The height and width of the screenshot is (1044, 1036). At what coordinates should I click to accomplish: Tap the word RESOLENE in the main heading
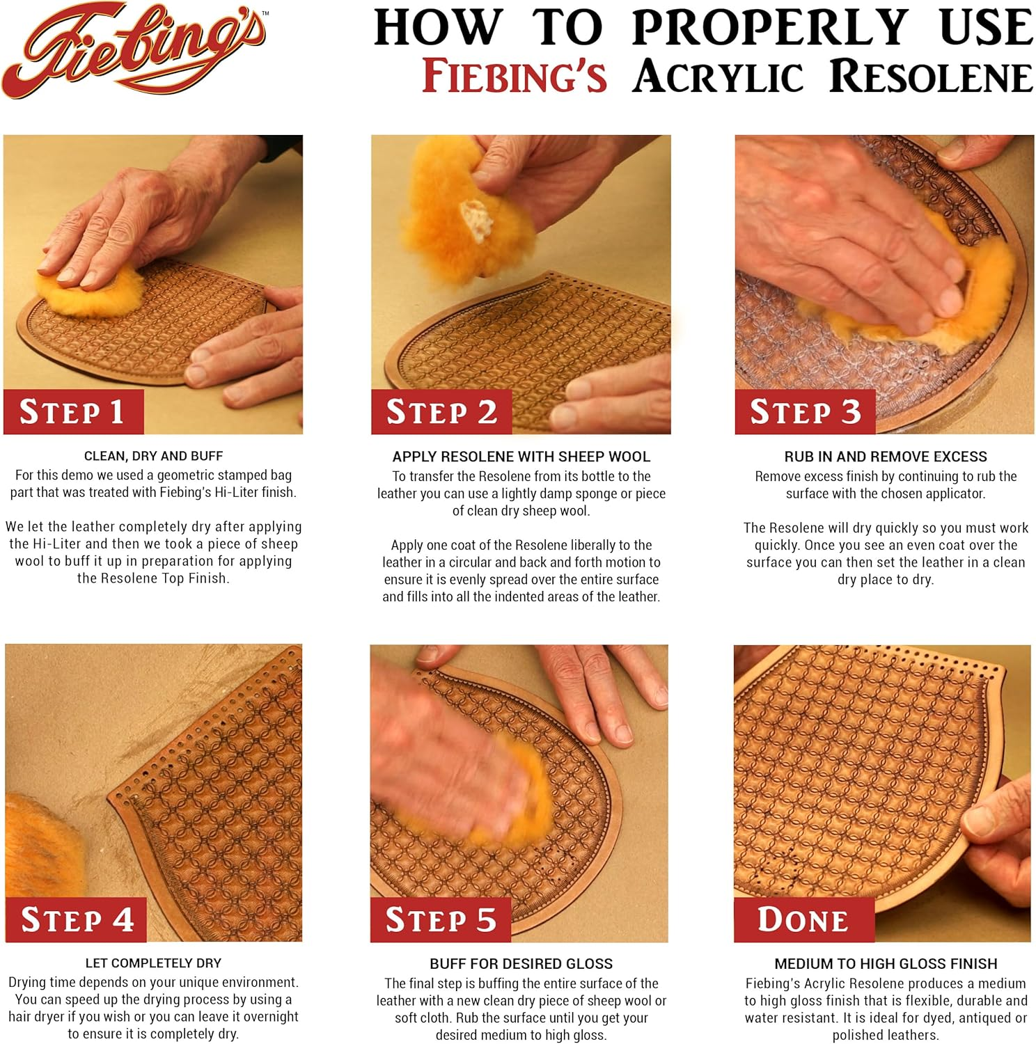[x=932, y=76]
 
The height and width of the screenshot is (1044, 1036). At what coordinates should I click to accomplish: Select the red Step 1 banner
[x=73, y=412]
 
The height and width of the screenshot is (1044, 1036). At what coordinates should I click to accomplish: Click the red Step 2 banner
[x=441, y=412]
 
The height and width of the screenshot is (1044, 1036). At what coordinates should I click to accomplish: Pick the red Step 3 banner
[x=805, y=412]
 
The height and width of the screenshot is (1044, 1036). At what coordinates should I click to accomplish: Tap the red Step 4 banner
[x=76, y=920]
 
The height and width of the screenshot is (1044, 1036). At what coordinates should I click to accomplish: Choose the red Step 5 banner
[x=441, y=920]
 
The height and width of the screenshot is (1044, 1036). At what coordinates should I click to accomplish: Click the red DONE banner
[x=803, y=919]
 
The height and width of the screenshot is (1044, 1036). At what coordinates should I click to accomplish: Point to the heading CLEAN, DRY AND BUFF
[x=153, y=457]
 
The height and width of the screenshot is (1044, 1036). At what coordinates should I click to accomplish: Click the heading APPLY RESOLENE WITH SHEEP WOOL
[x=521, y=457]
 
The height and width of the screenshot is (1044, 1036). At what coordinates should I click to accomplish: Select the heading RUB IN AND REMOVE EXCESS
[x=885, y=457]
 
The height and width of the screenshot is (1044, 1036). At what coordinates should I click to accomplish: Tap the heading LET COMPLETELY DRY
[x=153, y=963]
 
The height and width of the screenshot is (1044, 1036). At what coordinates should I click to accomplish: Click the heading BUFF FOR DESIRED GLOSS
[x=521, y=964]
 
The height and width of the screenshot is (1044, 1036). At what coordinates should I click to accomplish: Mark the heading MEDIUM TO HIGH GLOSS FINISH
[x=886, y=964]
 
